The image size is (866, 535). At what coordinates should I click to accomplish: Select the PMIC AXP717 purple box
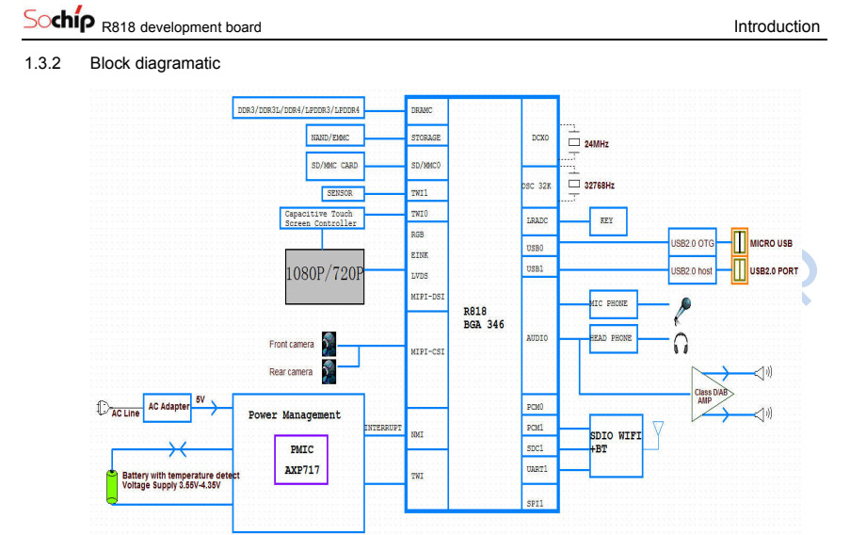point(301,459)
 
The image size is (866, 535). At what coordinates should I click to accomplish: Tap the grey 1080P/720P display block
point(325,276)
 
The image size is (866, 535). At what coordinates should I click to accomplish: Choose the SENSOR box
point(339,193)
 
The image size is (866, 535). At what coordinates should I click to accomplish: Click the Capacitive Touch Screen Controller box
point(321,219)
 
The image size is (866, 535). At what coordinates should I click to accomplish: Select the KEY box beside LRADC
point(607,221)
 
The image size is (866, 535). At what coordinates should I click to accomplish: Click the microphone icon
point(684,308)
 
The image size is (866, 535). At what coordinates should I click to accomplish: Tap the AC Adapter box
point(168,406)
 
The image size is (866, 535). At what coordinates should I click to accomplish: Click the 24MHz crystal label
point(596,144)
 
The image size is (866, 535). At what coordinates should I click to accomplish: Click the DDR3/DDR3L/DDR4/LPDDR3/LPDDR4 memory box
point(297,110)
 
